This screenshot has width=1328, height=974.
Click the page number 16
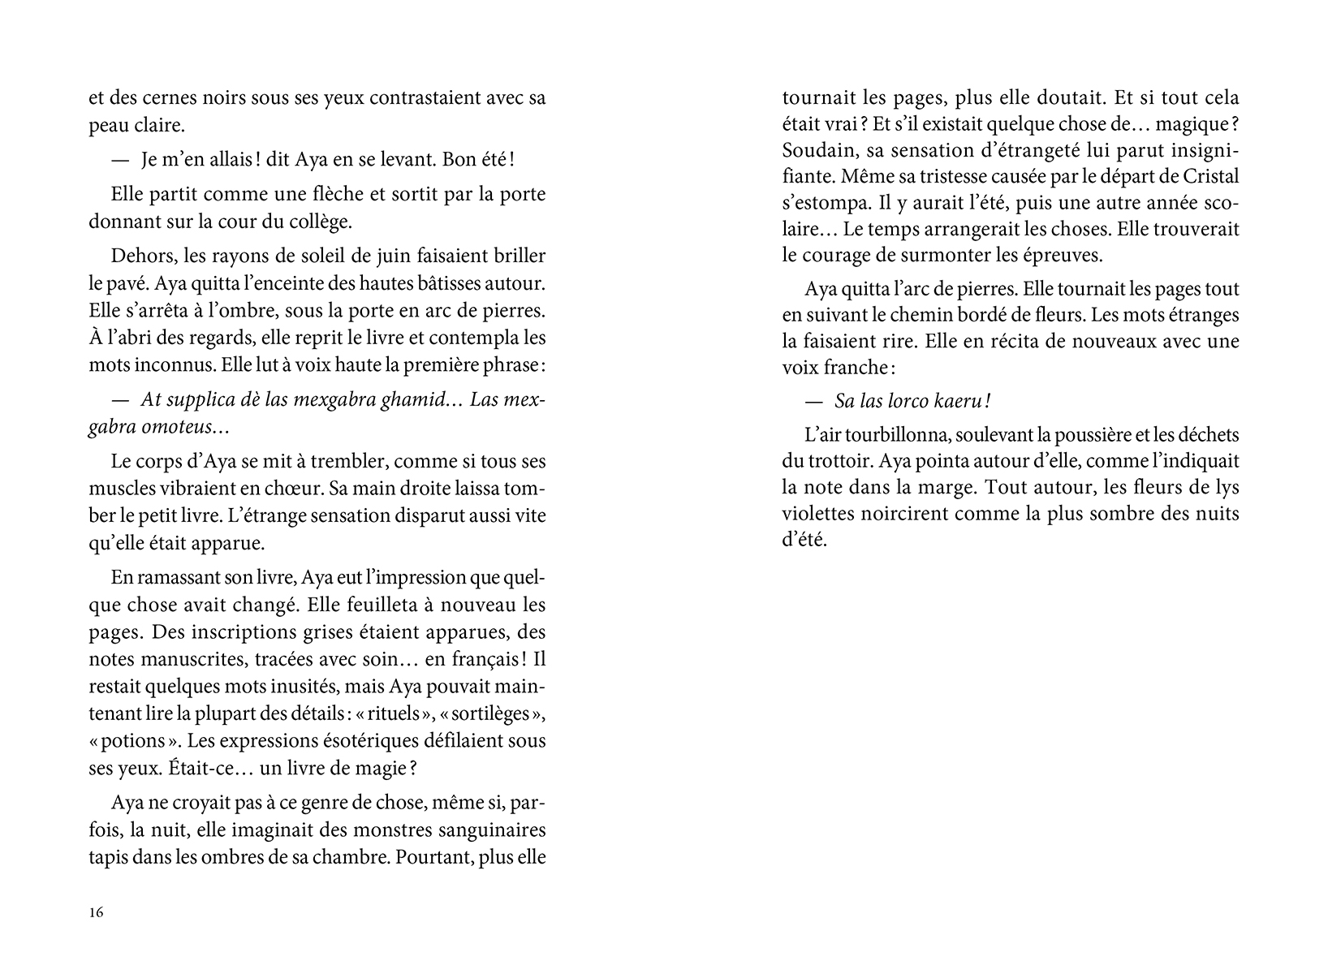coord(97,912)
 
